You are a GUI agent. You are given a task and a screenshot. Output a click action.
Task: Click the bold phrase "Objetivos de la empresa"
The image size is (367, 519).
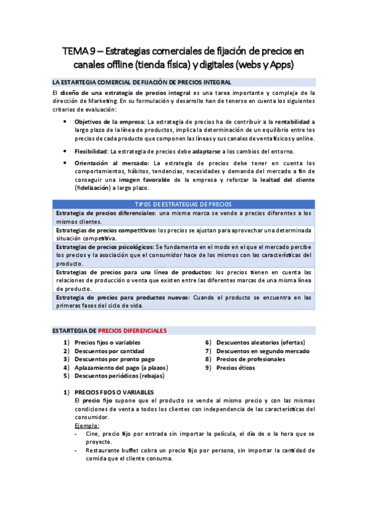[110, 122]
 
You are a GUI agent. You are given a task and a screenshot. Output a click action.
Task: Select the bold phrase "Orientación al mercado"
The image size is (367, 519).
[112, 163]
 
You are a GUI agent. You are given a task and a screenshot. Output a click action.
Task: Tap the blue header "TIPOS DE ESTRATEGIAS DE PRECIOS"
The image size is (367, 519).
[183, 204]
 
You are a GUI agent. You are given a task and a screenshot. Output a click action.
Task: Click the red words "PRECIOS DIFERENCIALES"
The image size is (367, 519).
[132, 330]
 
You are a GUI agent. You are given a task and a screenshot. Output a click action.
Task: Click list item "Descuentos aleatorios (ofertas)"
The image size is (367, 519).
[260, 343]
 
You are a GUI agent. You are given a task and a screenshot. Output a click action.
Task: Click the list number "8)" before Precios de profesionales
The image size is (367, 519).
[208, 359]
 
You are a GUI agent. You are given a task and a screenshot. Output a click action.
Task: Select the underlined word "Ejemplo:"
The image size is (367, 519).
[86, 425]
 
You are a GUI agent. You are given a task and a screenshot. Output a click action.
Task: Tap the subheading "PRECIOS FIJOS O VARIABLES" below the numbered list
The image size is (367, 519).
[115, 392]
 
